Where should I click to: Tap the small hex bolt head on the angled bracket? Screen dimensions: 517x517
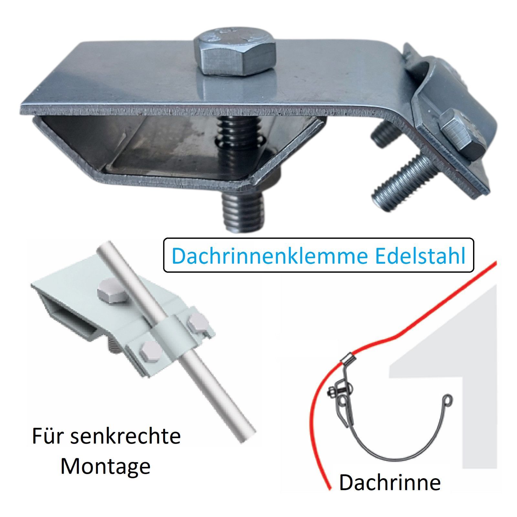463,130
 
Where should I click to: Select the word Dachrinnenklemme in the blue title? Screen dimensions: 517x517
270,256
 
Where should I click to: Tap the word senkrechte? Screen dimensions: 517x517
125,436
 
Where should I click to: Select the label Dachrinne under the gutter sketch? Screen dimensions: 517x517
390,482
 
